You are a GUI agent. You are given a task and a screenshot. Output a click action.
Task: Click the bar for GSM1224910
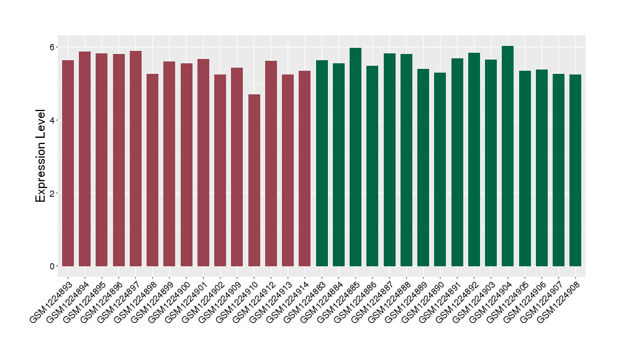(x=254, y=180)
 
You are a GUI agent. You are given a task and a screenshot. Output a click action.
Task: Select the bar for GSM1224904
(x=508, y=156)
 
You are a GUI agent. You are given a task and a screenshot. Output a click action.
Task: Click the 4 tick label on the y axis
(x=53, y=120)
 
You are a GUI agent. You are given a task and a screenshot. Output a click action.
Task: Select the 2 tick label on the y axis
(x=53, y=193)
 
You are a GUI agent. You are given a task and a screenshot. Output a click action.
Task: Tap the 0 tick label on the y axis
(x=53, y=266)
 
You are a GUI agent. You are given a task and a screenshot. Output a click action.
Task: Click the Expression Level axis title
(x=41, y=156)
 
